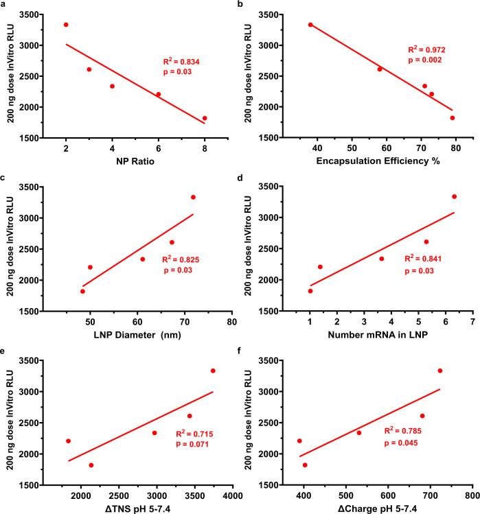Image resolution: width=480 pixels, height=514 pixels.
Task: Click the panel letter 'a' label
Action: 4,5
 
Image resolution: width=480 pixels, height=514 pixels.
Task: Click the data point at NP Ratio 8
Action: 205,118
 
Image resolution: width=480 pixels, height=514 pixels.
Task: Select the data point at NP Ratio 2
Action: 66,25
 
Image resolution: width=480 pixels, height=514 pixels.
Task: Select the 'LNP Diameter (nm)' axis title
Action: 135,335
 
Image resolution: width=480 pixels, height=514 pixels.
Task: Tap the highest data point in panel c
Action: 193,197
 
